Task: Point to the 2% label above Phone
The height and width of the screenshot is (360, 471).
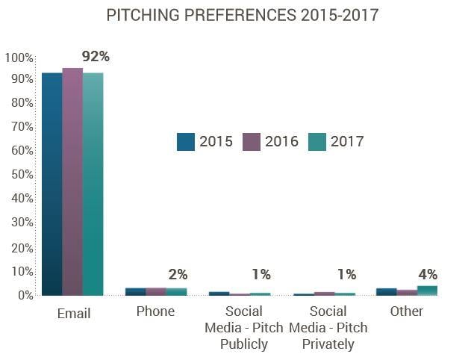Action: coord(177,274)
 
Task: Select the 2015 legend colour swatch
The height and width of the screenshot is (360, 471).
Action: coord(186,141)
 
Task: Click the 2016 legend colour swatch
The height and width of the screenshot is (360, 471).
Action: coord(252,141)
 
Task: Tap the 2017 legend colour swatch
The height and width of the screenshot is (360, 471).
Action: coord(317,141)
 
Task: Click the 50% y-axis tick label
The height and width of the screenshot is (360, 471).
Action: coord(21,175)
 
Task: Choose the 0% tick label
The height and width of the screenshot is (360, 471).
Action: coord(24,295)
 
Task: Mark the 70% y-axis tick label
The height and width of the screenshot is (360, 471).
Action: coord(21,127)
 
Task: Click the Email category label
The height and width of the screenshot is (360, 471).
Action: coord(73,314)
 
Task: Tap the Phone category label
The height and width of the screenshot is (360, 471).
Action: coord(155,311)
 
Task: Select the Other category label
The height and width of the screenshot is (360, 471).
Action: coord(406,311)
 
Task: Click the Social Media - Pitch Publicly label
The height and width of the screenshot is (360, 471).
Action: coord(239,327)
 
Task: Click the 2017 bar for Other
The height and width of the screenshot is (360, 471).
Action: coord(427,290)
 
